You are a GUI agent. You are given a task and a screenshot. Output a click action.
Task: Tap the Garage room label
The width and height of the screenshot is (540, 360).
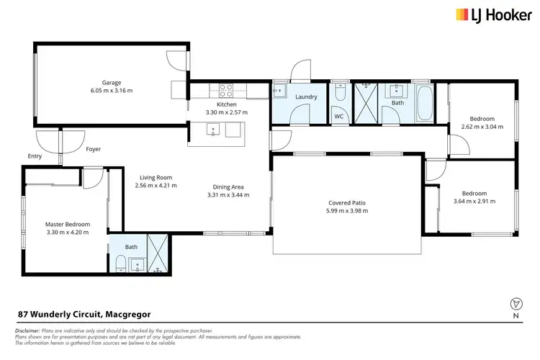(111, 82)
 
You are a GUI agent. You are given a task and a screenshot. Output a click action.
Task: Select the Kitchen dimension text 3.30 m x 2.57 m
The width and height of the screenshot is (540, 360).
(226, 112)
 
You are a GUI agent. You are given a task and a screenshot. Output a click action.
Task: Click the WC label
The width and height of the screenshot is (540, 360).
(338, 117)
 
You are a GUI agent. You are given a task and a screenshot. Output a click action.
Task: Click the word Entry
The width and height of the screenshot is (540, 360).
(35, 156)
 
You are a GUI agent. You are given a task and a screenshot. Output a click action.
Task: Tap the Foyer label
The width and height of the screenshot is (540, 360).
(93, 149)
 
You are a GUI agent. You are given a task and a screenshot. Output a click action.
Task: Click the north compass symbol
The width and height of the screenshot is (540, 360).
(514, 304)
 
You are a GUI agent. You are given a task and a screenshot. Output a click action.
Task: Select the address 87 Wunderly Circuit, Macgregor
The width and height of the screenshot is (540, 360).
(84, 314)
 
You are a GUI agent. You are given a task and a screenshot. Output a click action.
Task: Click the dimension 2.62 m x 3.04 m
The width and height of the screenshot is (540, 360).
(482, 127)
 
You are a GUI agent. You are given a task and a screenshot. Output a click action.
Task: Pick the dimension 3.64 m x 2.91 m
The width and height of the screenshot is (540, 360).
(474, 202)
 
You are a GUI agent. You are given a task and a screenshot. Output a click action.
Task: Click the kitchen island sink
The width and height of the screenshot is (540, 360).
(212, 130)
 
